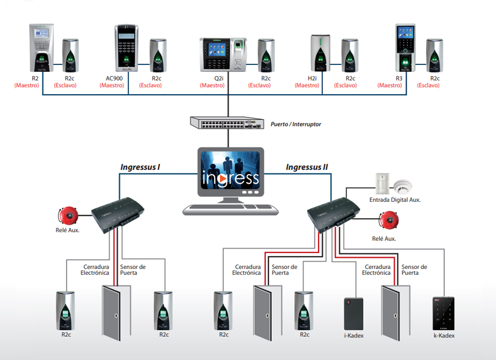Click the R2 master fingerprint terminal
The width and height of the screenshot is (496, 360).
click(x=42, y=48)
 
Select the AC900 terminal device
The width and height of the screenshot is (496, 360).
click(x=126, y=48)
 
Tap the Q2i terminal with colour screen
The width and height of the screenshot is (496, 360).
click(x=223, y=55)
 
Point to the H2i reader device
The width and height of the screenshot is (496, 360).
click(x=320, y=53)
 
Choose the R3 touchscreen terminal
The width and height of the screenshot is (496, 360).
click(x=405, y=48)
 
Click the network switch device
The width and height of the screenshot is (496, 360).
click(x=227, y=123)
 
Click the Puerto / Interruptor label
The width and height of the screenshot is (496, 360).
click(x=296, y=124)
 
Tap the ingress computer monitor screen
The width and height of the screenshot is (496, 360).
click(x=231, y=171)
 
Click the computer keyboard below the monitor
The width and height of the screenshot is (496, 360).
click(x=230, y=210)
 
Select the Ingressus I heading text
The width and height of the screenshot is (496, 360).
click(x=140, y=167)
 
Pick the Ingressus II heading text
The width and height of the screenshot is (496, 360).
click(x=307, y=167)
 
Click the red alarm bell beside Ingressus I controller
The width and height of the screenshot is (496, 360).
click(x=68, y=216)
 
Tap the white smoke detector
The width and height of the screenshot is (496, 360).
click(x=403, y=185)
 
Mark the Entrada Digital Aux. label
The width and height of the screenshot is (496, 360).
click(x=395, y=200)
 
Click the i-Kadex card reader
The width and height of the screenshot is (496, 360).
click(x=354, y=314)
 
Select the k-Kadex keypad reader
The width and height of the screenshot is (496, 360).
click(x=443, y=313)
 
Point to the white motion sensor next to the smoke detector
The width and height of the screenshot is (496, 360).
click(x=382, y=183)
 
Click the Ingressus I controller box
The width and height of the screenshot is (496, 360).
click(x=118, y=215)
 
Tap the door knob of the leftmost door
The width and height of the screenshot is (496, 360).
click(x=116, y=315)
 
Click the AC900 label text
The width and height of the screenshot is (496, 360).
click(x=114, y=78)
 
